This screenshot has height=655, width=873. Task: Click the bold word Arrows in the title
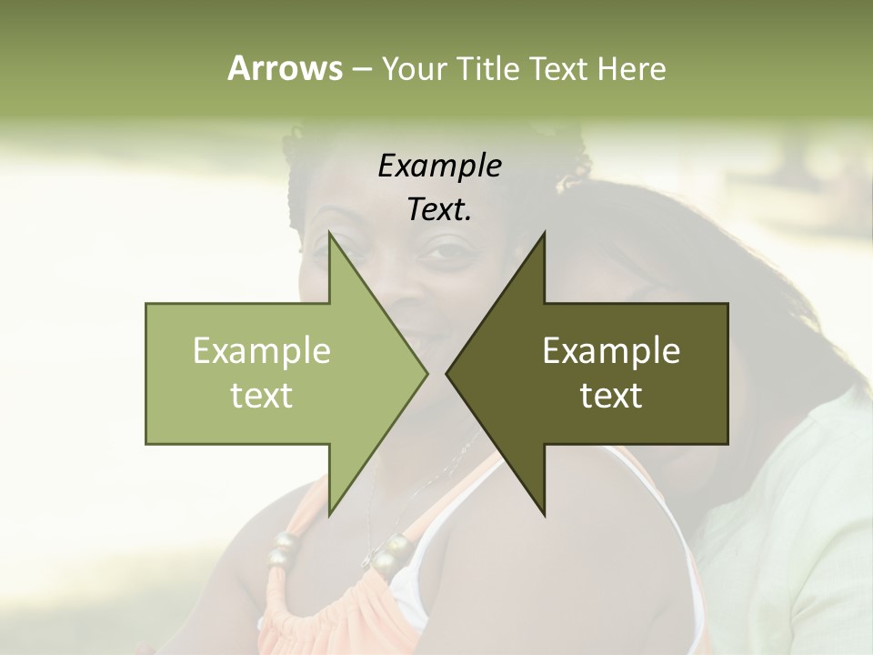point(285,68)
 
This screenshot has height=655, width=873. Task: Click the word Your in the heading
point(415,69)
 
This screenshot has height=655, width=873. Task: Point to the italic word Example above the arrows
point(439,166)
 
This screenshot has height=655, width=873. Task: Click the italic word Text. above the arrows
point(439,209)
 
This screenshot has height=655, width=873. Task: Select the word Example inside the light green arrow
point(262,351)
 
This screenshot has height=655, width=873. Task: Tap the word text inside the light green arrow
point(262,396)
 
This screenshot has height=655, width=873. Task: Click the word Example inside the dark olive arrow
point(611,351)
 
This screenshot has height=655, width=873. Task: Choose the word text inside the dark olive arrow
point(611,396)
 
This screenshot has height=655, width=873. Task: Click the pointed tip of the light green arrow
point(427,374)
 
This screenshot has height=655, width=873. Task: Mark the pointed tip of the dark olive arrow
point(447,374)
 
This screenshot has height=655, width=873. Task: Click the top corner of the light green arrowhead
point(329,234)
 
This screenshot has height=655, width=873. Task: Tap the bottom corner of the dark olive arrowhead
point(544,515)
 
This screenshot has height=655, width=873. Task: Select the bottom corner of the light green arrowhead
point(329,515)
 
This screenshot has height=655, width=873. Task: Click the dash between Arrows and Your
point(361,69)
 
